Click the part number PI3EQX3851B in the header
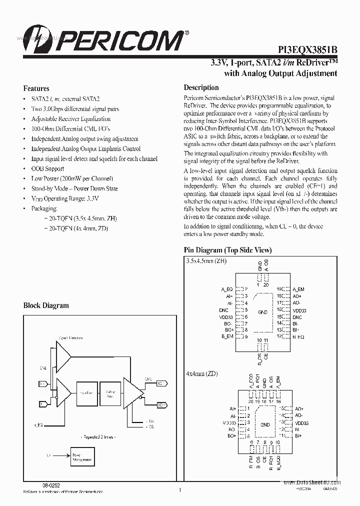307,50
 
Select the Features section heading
36,88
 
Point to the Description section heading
201,87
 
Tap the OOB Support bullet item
47,169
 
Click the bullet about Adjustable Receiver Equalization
70,119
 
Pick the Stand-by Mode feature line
74,188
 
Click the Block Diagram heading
46,305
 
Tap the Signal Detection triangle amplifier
63,358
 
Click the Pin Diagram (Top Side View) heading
227,250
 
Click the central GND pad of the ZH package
262,312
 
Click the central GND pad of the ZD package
264,424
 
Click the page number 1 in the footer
179,490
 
